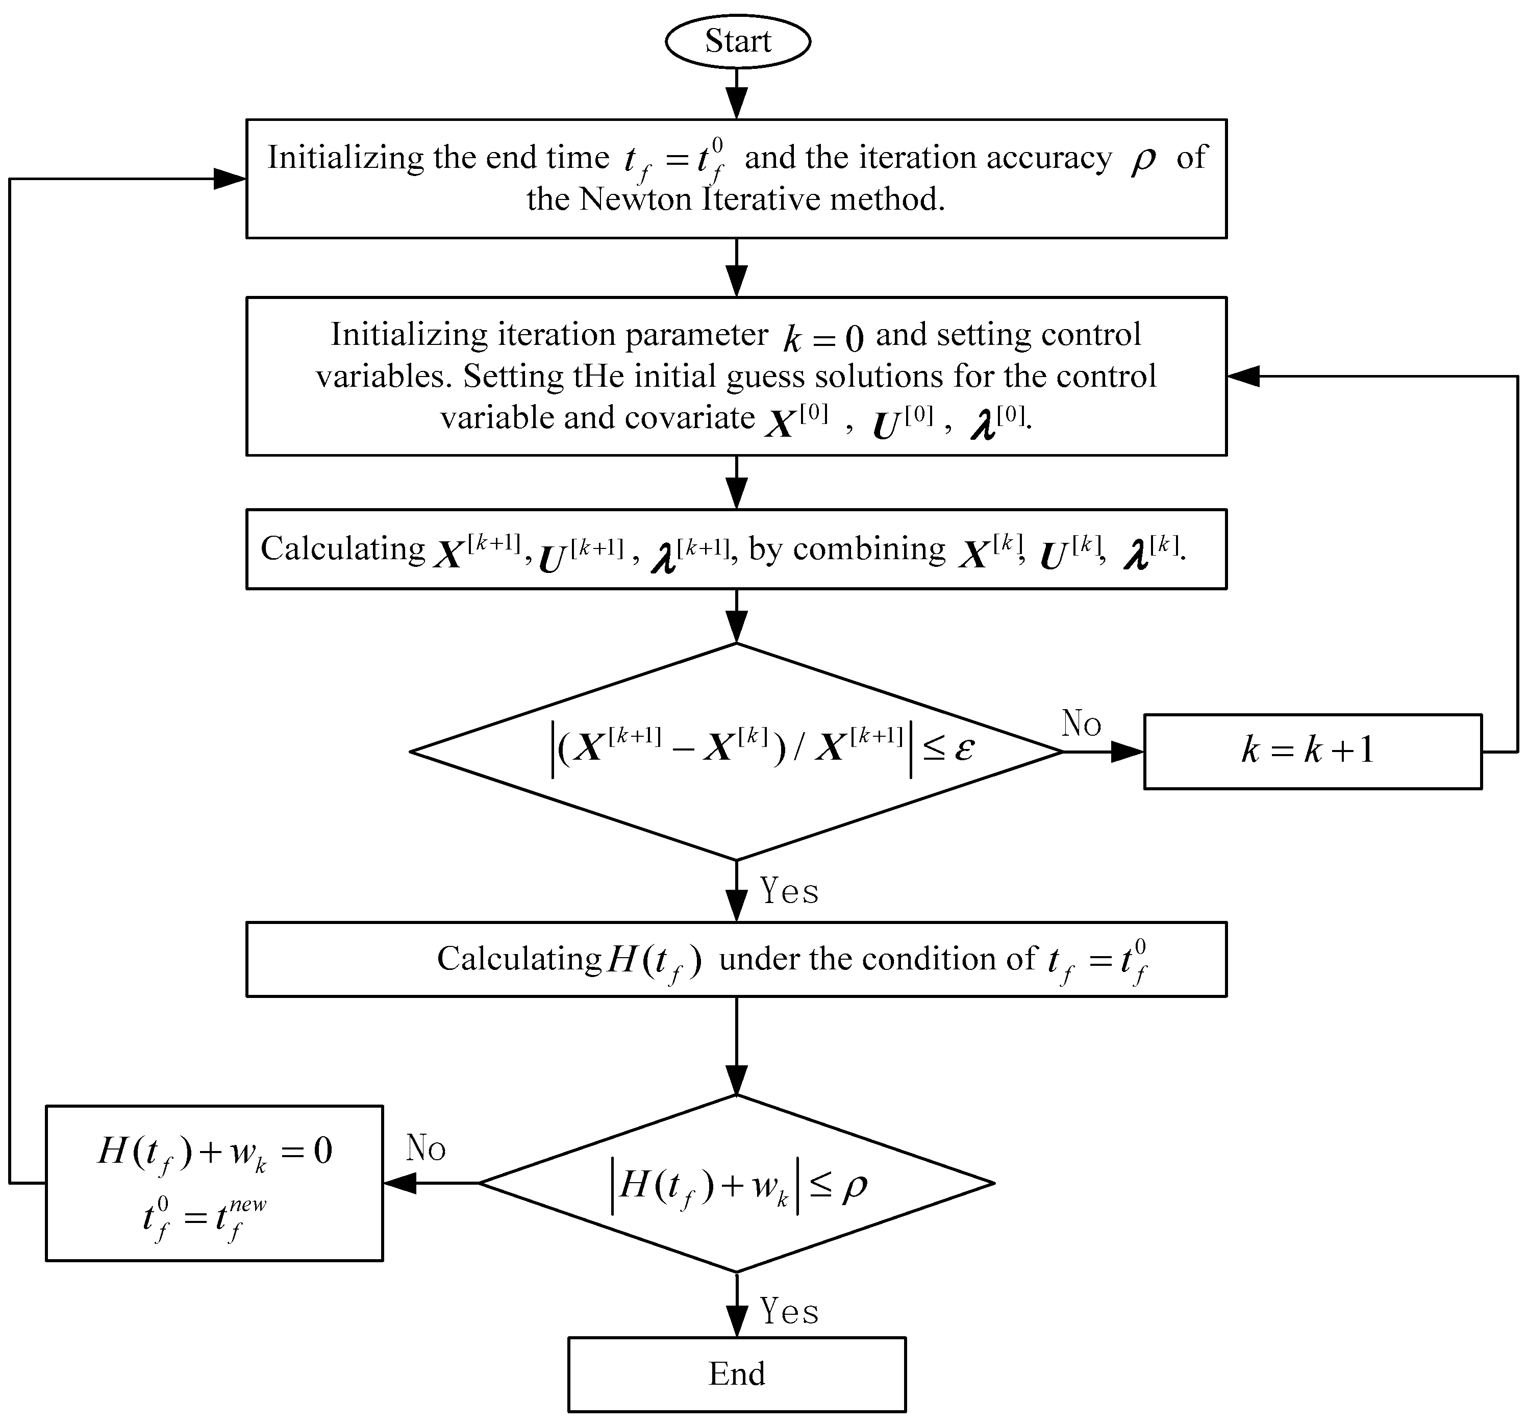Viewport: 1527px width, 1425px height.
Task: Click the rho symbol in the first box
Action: pos(1143,160)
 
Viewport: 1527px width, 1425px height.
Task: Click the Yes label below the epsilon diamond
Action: pos(789,891)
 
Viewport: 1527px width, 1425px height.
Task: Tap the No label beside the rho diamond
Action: pos(425,1147)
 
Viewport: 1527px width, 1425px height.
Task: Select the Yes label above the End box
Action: pos(789,1311)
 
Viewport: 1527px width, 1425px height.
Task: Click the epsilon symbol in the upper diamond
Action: pos(965,747)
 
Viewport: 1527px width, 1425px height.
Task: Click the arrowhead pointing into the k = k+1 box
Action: pos(1127,752)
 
